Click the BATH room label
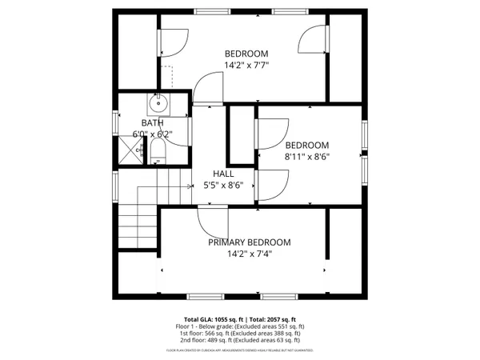(x=152, y=122)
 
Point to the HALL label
(x=223, y=174)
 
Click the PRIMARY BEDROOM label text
(x=250, y=242)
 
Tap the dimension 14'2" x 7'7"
(x=246, y=66)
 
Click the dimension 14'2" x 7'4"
(x=249, y=254)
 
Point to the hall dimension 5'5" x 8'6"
(x=223, y=186)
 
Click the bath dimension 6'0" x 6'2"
(x=152, y=134)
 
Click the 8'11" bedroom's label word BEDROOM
(x=307, y=145)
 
